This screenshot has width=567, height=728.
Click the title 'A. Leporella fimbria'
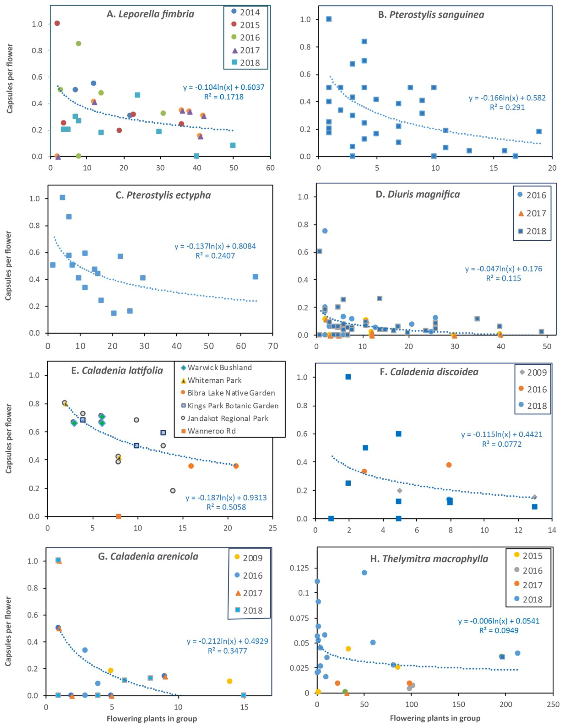[x=150, y=14]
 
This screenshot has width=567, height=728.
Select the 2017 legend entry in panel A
[x=245, y=50]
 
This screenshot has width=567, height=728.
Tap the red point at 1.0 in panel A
[x=57, y=23]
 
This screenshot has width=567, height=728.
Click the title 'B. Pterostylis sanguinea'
[x=431, y=15]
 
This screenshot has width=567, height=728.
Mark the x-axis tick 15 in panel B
[x=494, y=168]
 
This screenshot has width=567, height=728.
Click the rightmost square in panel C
[x=255, y=277]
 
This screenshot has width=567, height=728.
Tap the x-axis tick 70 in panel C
[x=273, y=346]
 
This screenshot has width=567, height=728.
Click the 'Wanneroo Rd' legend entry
[x=209, y=431]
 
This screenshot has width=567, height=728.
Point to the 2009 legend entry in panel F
[x=533, y=372]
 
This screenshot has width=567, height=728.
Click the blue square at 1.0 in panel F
[x=348, y=377]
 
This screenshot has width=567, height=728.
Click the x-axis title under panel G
[x=152, y=719]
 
